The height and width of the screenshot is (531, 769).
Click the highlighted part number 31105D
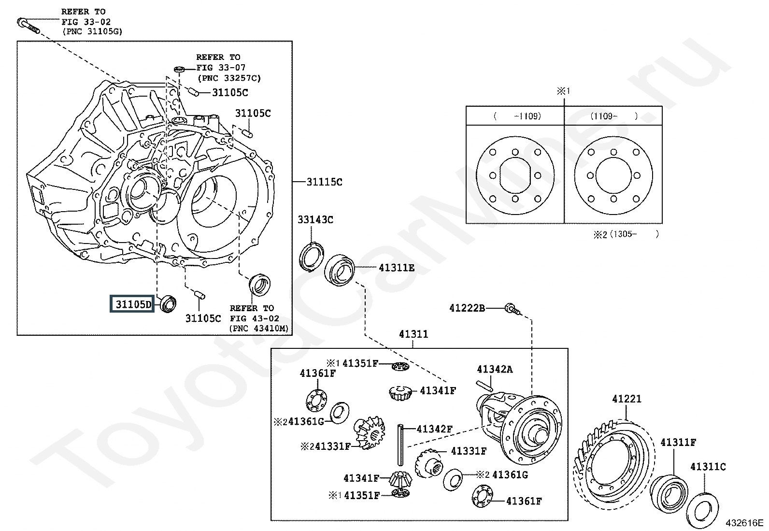point(133,304)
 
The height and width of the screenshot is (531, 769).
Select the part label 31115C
point(324,182)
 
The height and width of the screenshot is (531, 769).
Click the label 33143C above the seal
point(315,219)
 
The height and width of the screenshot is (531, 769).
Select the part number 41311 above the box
point(413,334)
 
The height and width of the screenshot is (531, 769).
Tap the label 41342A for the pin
point(494,369)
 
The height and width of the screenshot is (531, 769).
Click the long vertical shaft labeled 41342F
point(400,445)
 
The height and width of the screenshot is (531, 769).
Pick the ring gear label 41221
point(627,399)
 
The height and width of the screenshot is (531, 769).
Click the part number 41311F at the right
point(678,442)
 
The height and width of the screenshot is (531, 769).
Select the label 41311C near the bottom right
point(708,466)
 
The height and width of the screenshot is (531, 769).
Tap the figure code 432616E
point(744,523)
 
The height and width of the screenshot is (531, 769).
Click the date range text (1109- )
point(613,116)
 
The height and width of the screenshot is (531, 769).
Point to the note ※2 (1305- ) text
point(626,234)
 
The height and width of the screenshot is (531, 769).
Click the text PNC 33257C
point(229,78)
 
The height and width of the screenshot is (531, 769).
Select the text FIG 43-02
point(255,318)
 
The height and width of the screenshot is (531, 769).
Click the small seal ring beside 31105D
point(168,303)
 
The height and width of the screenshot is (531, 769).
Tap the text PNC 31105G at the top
point(92,31)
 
